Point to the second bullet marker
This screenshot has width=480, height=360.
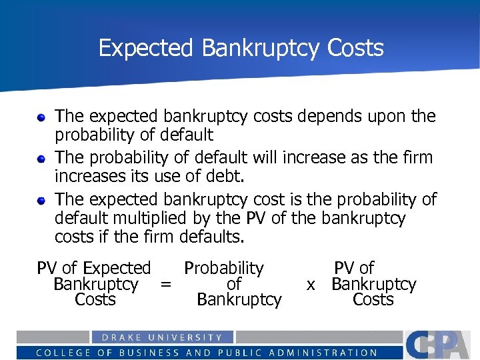click(x=41, y=159)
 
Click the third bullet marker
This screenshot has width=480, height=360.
click(x=41, y=201)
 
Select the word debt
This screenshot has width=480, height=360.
click(x=228, y=177)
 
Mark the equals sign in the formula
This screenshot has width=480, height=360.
click(x=166, y=285)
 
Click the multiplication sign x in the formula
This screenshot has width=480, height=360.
click(x=310, y=285)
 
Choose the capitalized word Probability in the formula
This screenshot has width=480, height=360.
click(x=224, y=269)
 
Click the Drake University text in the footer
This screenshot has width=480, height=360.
click(x=162, y=337)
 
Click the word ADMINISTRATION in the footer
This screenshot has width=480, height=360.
click(x=326, y=353)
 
